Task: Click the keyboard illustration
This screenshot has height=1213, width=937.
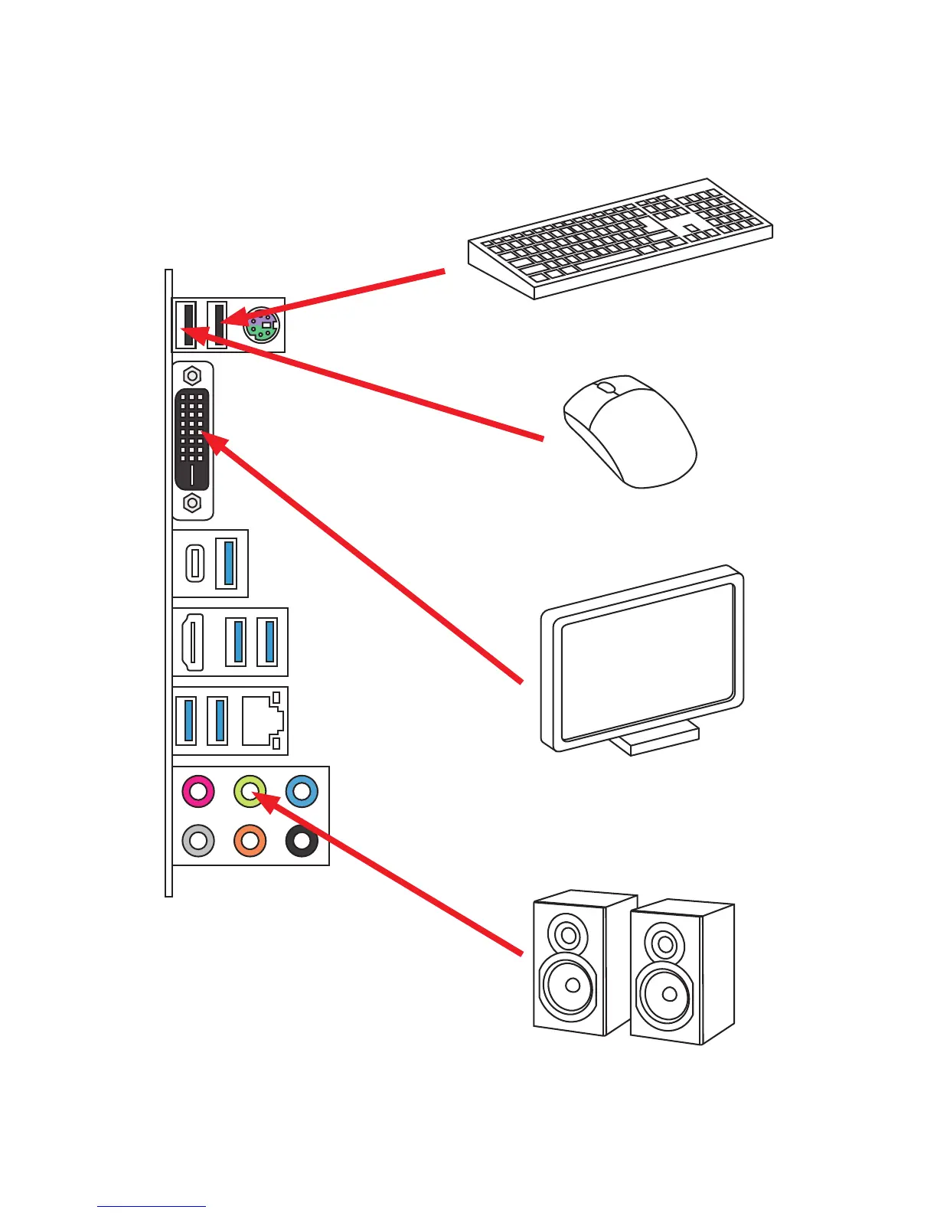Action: click(620, 237)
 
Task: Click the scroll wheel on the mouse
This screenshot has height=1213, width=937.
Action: click(606, 387)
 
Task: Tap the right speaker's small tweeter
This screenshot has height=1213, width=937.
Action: click(664, 943)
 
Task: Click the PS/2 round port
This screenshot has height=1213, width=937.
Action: click(261, 325)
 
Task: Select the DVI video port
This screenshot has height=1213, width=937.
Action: click(192, 440)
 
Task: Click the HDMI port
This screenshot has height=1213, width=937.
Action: click(192, 642)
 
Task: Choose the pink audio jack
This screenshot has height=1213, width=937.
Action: click(198, 791)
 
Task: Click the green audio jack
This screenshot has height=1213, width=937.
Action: click(250, 791)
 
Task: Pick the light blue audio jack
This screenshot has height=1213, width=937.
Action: click(302, 791)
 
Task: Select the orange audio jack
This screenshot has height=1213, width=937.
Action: click(250, 841)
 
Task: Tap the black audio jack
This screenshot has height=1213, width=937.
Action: click(302, 841)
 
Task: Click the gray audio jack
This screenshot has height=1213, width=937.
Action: click(198, 841)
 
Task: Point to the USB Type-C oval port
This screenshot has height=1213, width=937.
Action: click(195, 563)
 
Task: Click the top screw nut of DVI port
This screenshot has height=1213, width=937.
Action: click(192, 376)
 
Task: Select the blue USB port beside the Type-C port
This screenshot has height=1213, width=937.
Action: click(227, 563)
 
